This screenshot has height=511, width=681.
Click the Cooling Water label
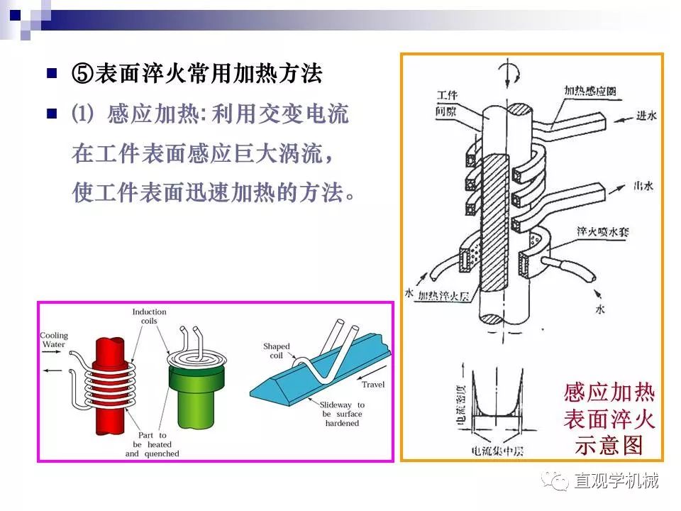(x=54, y=340)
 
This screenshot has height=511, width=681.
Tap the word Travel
(x=373, y=384)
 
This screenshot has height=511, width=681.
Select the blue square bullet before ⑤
(x=51, y=73)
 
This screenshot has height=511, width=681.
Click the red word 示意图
(x=609, y=444)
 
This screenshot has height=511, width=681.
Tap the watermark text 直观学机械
(x=616, y=481)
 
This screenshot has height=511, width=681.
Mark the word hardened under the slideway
(x=342, y=423)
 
